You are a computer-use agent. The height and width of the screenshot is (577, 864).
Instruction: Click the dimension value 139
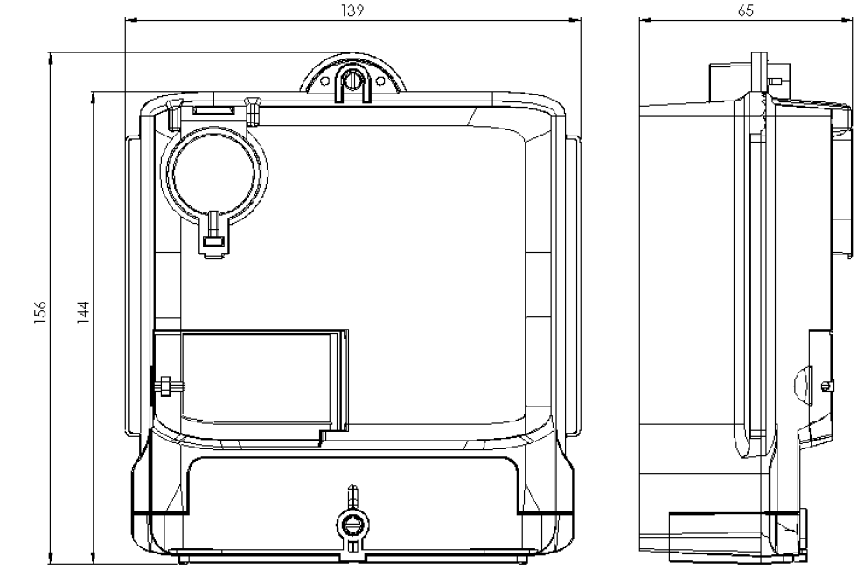coord(352,10)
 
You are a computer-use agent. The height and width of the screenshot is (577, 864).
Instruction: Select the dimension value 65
coord(746,10)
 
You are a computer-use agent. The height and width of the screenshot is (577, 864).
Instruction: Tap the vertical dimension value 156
coord(41,312)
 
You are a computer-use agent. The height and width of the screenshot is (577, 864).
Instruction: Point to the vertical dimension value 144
coord(83,312)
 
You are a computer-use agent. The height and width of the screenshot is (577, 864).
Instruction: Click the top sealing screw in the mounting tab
coord(351,80)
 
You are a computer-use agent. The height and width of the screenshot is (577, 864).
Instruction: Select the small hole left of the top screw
coord(325,81)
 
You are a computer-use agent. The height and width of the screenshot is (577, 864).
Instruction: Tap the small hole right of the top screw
coord(380,81)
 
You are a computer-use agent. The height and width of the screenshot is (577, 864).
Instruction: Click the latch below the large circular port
coord(213,234)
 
